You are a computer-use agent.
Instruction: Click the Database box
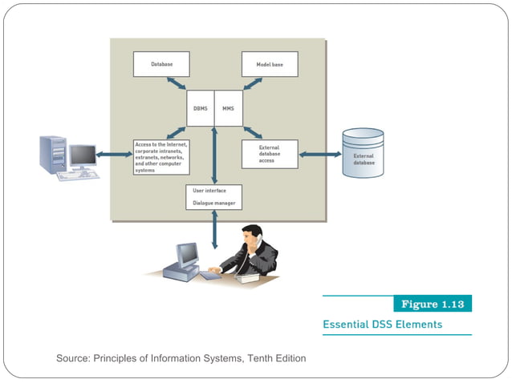[x=161, y=64]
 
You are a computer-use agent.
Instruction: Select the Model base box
[x=270, y=64]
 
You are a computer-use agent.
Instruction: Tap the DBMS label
[x=200, y=108]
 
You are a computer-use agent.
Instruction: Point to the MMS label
[x=228, y=108]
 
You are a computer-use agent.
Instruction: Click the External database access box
[x=270, y=154]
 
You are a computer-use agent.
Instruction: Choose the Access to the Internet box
[x=161, y=157]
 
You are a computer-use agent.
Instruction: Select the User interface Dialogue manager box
[x=213, y=197]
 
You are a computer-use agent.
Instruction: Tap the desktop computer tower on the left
[x=53, y=154]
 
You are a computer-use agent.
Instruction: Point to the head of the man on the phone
[x=252, y=236]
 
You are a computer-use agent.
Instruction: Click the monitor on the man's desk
[x=186, y=255]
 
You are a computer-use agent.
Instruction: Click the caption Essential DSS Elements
[x=381, y=325]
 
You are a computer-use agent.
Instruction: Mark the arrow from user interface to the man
[x=214, y=229]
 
